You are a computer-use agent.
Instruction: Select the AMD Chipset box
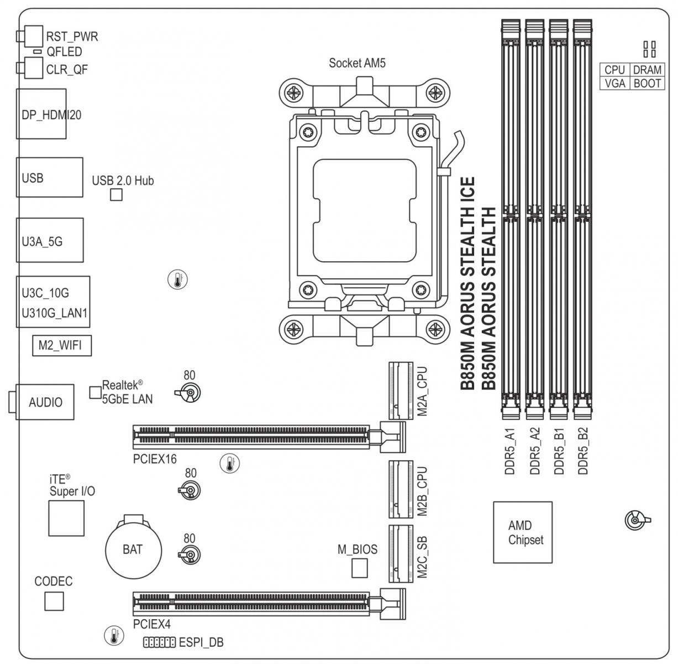tap(523, 532)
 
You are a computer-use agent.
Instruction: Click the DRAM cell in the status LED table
tap(647, 70)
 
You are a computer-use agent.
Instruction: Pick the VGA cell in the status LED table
tap(615, 84)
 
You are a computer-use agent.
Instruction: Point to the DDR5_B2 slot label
tap(583, 451)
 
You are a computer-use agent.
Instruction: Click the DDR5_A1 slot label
tap(510, 451)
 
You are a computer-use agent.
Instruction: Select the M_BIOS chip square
tap(360, 568)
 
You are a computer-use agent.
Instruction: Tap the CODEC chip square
tap(54, 601)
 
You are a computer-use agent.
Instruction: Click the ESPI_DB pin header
tap(159, 642)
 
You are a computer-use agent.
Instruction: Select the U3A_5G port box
tap(50, 240)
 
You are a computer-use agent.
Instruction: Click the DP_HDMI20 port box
tap(41, 114)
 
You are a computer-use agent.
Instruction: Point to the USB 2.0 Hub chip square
tap(117, 195)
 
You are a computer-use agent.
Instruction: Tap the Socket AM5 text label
tap(357, 63)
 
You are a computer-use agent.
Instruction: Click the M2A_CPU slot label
tap(422, 391)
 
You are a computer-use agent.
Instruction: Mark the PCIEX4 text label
tap(152, 624)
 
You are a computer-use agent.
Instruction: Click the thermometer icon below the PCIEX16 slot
tap(230, 463)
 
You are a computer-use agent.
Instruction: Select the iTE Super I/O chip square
tap(66, 518)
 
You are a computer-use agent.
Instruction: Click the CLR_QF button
tap(34, 68)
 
